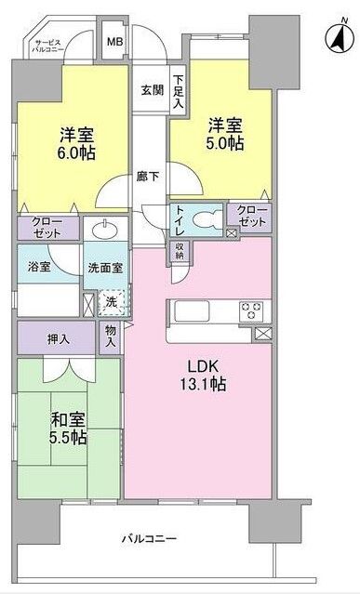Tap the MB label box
[114, 42]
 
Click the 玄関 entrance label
[152, 90]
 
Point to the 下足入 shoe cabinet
[179, 89]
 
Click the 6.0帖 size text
[76, 152]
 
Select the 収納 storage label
[180, 250]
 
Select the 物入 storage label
[111, 337]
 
